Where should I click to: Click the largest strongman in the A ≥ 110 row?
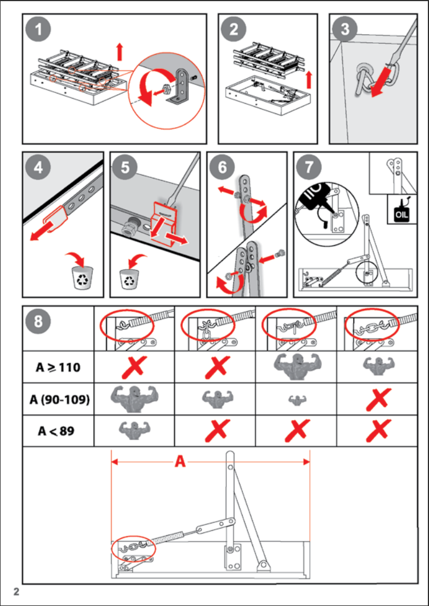298,367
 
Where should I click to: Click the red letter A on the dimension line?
179,462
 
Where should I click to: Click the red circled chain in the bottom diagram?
133,550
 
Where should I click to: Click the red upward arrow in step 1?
119,52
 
